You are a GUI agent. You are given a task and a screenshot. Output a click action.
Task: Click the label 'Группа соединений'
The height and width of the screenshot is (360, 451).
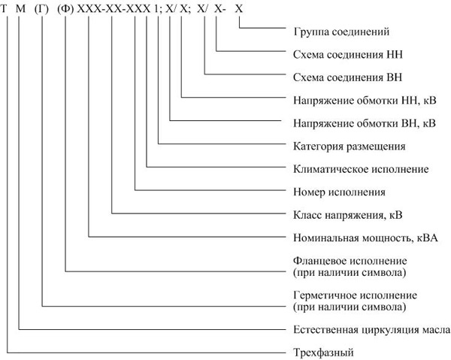click(x=341, y=32)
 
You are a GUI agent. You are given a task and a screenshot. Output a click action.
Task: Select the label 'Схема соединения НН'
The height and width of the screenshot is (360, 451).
click(x=348, y=54)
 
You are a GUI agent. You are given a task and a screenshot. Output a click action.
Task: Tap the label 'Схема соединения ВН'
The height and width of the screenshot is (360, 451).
click(x=348, y=77)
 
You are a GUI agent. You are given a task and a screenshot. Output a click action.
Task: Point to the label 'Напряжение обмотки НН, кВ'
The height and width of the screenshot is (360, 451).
click(x=365, y=101)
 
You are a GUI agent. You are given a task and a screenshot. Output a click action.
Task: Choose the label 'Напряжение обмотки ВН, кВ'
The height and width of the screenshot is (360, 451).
click(x=365, y=124)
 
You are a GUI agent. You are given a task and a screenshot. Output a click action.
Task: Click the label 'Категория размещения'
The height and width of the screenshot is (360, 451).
click(x=350, y=147)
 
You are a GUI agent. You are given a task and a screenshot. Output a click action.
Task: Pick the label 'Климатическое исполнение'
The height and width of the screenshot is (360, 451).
click(x=361, y=169)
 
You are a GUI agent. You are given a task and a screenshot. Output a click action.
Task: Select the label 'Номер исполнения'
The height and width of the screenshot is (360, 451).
click(x=340, y=192)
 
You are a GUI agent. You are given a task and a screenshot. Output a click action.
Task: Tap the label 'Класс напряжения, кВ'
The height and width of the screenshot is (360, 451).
click(x=348, y=216)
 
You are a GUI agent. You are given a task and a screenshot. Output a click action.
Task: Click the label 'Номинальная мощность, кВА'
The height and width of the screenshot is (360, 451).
click(x=365, y=238)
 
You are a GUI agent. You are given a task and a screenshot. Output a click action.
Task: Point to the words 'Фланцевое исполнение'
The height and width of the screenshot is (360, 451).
click(x=350, y=261)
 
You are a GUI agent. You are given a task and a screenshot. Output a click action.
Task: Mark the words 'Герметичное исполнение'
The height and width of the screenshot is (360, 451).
click(x=356, y=295)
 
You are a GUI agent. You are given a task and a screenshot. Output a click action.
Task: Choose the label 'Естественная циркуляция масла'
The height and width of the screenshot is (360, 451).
click(x=371, y=330)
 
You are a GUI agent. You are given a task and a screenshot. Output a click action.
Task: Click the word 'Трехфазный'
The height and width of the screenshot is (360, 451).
click(x=323, y=352)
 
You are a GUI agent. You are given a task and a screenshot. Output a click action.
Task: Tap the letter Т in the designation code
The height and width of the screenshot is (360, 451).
click(x=4, y=8)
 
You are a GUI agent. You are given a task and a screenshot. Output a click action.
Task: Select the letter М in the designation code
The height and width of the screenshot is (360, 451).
click(x=20, y=8)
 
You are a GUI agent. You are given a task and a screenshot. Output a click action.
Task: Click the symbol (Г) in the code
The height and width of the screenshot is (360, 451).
click(x=41, y=9)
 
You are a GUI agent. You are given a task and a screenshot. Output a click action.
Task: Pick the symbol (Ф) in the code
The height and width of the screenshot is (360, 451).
click(x=65, y=9)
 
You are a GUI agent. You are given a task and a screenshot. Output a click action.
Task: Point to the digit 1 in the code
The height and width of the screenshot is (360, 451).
click(x=156, y=8)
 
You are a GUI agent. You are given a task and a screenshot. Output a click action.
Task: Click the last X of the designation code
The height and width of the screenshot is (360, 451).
click(x=239, y=8)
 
